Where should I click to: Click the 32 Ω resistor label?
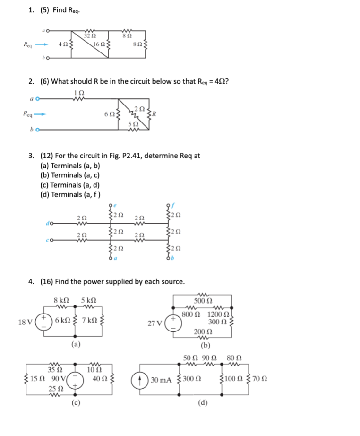click(90, 36)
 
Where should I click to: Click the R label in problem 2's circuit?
click(154, 113)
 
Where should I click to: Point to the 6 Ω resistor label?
click(108, 113)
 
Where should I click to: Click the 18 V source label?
click(25, 322)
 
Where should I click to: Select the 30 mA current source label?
click(161, 380)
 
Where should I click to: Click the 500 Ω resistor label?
click(204, 301)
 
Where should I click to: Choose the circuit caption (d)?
click(203, 403)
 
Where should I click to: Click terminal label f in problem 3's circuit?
click(172, 205)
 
